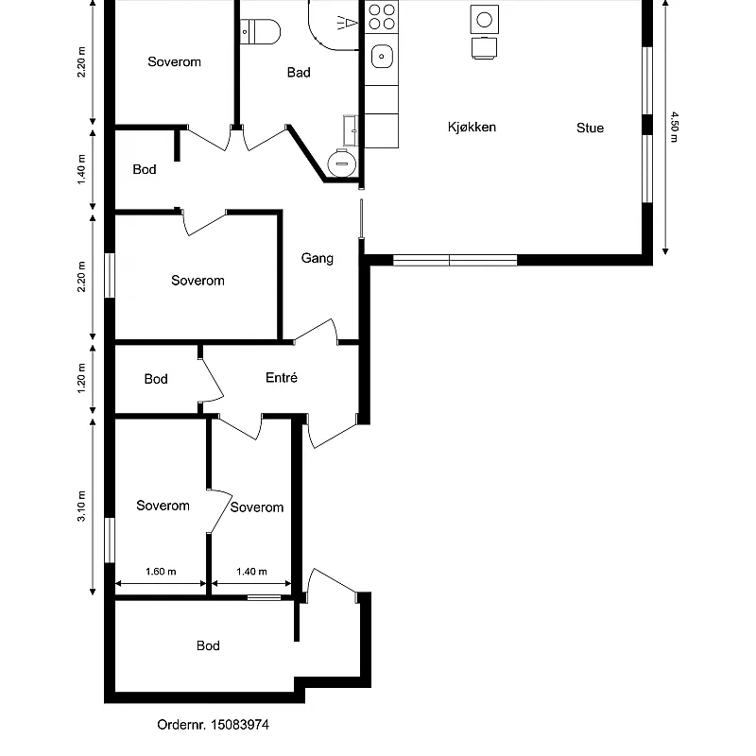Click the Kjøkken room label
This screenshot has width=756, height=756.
point(472,128)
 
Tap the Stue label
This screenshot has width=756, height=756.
point(590,128)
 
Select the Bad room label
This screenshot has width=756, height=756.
point(299,73)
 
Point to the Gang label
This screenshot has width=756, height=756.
point(318,258)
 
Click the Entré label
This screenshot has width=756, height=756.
point(281,377)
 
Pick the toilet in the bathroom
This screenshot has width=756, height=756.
point(261,32)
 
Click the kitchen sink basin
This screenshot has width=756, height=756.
point(382,56)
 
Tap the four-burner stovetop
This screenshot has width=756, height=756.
point(382,17)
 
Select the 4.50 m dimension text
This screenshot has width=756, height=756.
point(675,128)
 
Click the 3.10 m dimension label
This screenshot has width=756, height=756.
point(81,506)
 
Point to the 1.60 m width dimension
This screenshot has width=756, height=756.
point(161,572)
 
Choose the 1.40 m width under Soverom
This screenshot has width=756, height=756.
point(251,572)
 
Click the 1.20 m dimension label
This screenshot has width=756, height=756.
point(81,378)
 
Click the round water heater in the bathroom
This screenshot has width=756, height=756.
point(342,163)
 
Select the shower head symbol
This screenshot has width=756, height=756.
point(348,23)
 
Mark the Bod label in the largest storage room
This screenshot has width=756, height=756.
point(208,645)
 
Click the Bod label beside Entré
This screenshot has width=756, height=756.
point(156,379)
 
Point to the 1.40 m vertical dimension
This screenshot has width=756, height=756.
point(81,169)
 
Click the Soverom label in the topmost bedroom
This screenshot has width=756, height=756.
point(174,61)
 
